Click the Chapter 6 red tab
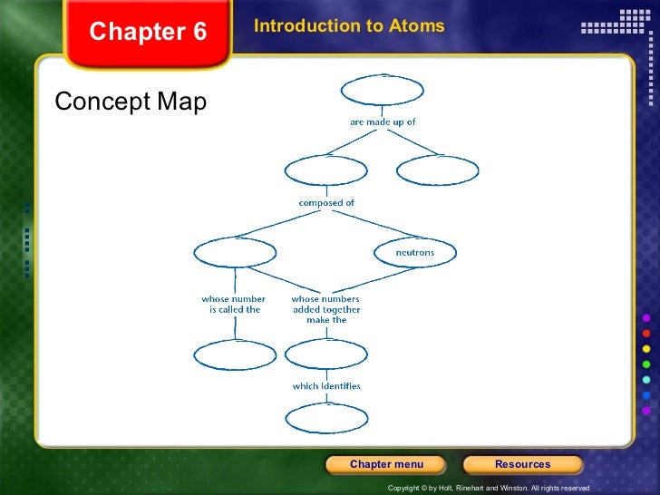148,34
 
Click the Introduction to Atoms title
349,26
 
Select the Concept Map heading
131,102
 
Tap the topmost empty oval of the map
382,91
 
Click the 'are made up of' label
383,121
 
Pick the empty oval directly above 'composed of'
326,170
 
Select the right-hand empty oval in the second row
438,170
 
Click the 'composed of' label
326,202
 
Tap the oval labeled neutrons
415,252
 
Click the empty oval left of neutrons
235,252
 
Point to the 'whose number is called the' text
234,304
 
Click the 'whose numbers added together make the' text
325,309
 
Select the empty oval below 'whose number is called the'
234,354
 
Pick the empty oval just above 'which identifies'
326,354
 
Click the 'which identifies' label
326,386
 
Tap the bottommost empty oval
326,418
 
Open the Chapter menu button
386,464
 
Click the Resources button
522,464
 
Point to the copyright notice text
488,488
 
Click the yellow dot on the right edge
645,349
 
